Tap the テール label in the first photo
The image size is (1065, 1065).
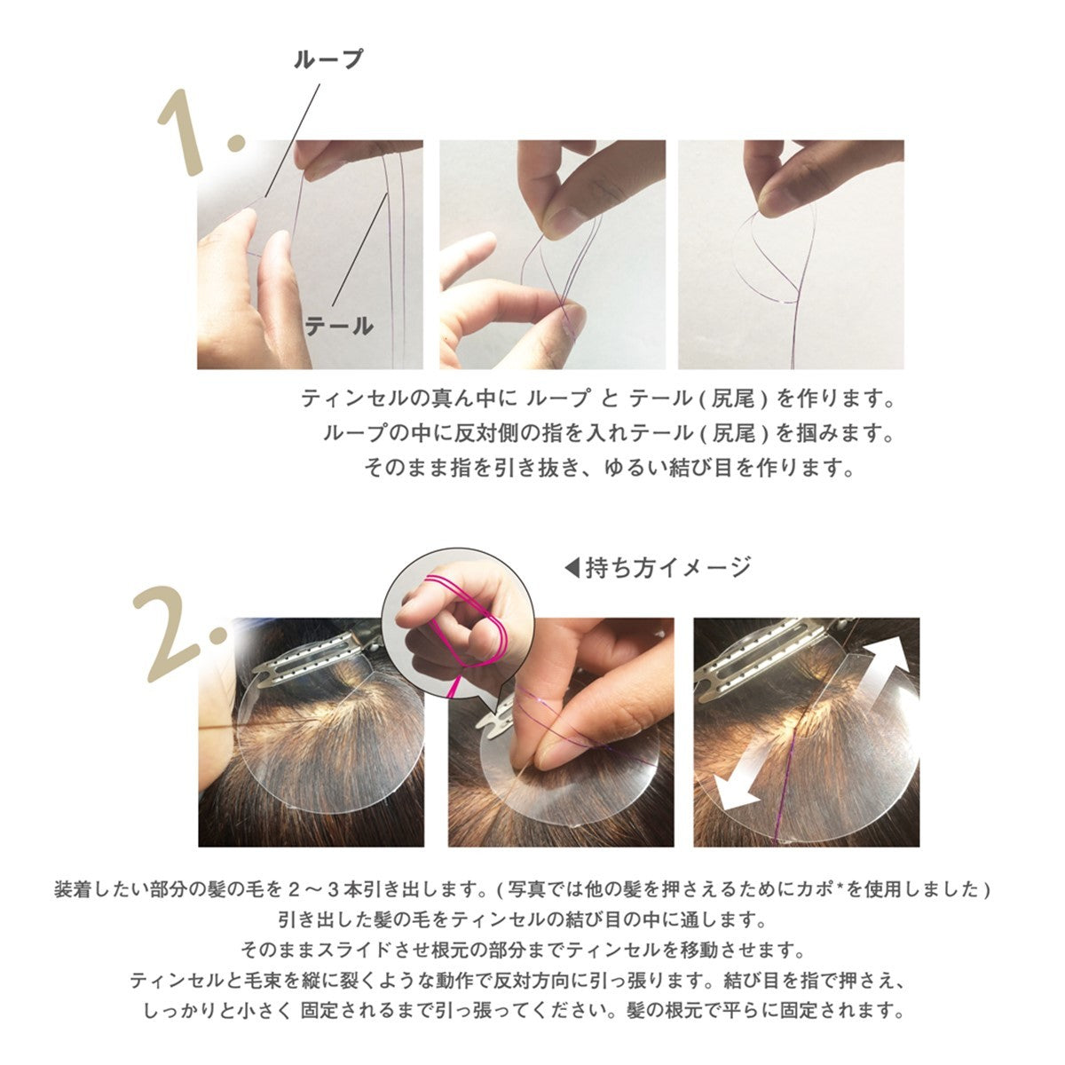(x=339, y=326)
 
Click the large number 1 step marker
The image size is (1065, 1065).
(x=200, y=132)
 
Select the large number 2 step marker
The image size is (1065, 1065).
(x=179, y=634)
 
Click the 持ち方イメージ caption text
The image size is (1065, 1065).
(x=669, y=568)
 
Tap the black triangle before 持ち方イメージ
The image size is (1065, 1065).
(x=572, y=568)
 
